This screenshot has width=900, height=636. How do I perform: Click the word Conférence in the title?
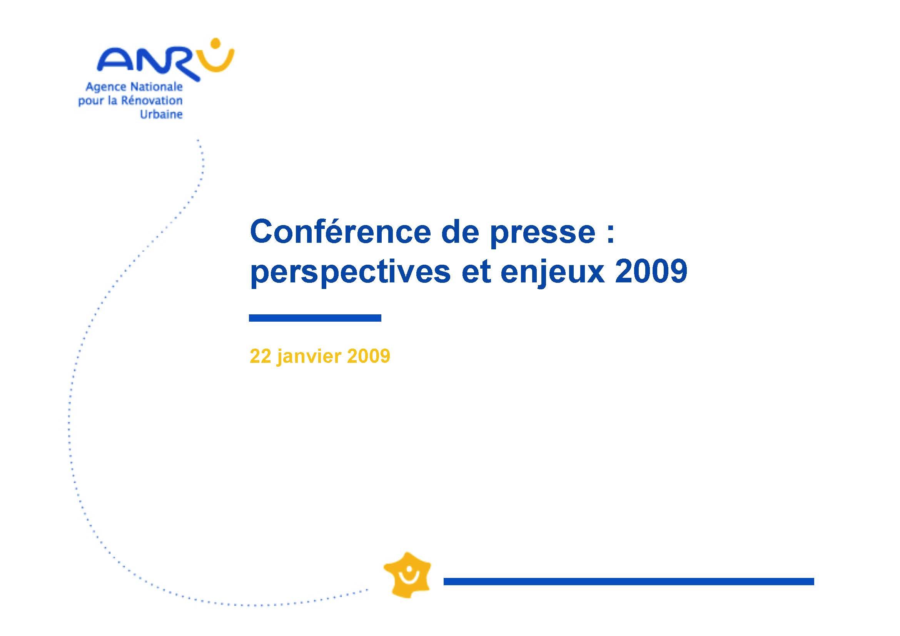pyautogui.click(x=341, y=232)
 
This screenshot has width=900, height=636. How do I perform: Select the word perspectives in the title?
pyautogui.click(x=351, y=273)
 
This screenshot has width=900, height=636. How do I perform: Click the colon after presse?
pyautogui.click(x=610, y=235)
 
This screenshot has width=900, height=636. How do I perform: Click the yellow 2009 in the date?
pyautogui.click(x=369, y=356)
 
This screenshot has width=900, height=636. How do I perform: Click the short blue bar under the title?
pyautogui.click(x=315, y=318)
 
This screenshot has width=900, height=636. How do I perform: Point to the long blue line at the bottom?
pyautogui.click(x=629, y=581)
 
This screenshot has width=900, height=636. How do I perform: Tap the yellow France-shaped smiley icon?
pyautogui.click(x=407, y=575)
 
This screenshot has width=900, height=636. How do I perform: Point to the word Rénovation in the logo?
pyautogui.click(x=152, y=100)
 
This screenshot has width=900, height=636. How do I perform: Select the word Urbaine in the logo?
pyautogui.click(x=162, y=114)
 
